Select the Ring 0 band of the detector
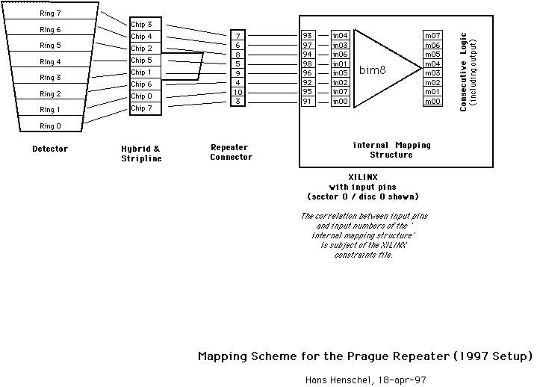[x=49, y=126]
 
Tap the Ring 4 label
[x=50, y=62]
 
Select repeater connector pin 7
[x=238, y=36]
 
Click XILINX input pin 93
[x=308, y=35]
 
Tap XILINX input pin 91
[x=308, y=101]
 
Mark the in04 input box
[x=341, y=35]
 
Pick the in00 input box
[x=341, y=101]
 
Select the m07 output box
[x=432, y=35]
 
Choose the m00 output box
[x=432, y=101]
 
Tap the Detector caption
[x=50, y=149]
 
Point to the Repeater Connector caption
[x=231, y=152]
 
